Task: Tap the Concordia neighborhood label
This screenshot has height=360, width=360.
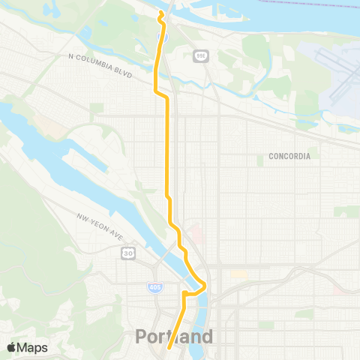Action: click(289, 157)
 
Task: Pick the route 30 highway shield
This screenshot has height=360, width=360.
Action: click(129, 253)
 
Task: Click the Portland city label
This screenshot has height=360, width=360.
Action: click(174, 337)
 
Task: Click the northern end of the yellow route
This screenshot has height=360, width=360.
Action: click(160, 13)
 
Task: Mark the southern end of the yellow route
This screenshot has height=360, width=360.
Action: click(169, 347)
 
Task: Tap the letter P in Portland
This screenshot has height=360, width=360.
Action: click(142, 337)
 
